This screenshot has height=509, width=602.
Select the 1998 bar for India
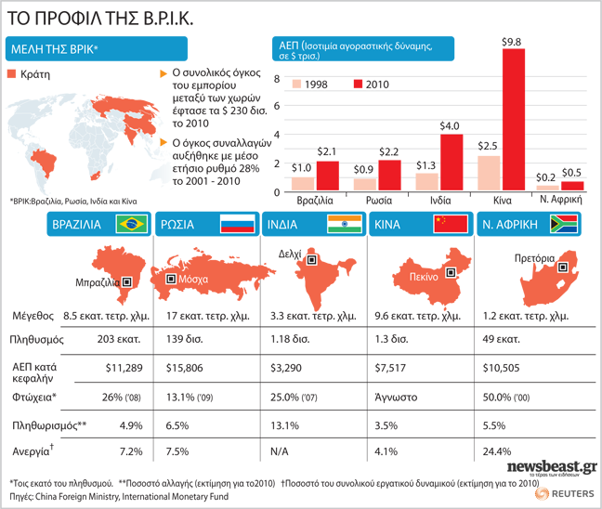tap(426, 182)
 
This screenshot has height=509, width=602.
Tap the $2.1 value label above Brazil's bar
tap(328, 152)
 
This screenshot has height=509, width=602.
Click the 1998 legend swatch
tap(298, 83)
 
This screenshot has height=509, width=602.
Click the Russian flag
tap(238, 225)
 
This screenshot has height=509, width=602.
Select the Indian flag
tap(345, 225)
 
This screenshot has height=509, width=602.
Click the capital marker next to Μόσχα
tap(171, 279)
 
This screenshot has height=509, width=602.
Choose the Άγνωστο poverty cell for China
tap(394, 398)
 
